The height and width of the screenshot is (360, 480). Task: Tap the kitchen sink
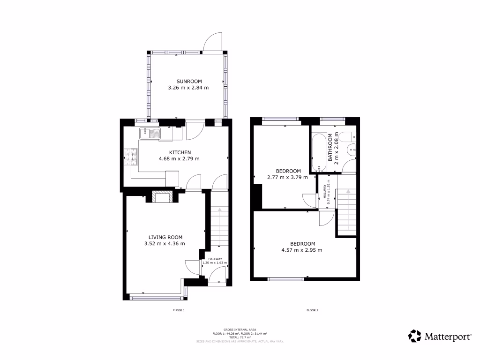[x=150, y=133]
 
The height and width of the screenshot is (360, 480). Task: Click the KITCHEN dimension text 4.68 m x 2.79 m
[x=180, y=159]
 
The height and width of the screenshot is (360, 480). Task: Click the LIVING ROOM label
[x=165, y=237]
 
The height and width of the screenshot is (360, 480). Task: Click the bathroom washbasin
[x=351, y=150]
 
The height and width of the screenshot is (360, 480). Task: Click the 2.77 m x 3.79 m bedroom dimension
[x=287, y=177]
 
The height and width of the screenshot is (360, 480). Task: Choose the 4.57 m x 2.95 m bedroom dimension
[x=302, y=250]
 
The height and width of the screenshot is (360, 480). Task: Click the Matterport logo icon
[x=414, y=336]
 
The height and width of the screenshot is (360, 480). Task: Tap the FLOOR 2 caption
[x=312, y=310]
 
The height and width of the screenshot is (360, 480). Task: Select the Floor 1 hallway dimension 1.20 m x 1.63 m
[x=214, y=263]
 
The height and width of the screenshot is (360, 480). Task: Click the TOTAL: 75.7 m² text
[x=240, y=337]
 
